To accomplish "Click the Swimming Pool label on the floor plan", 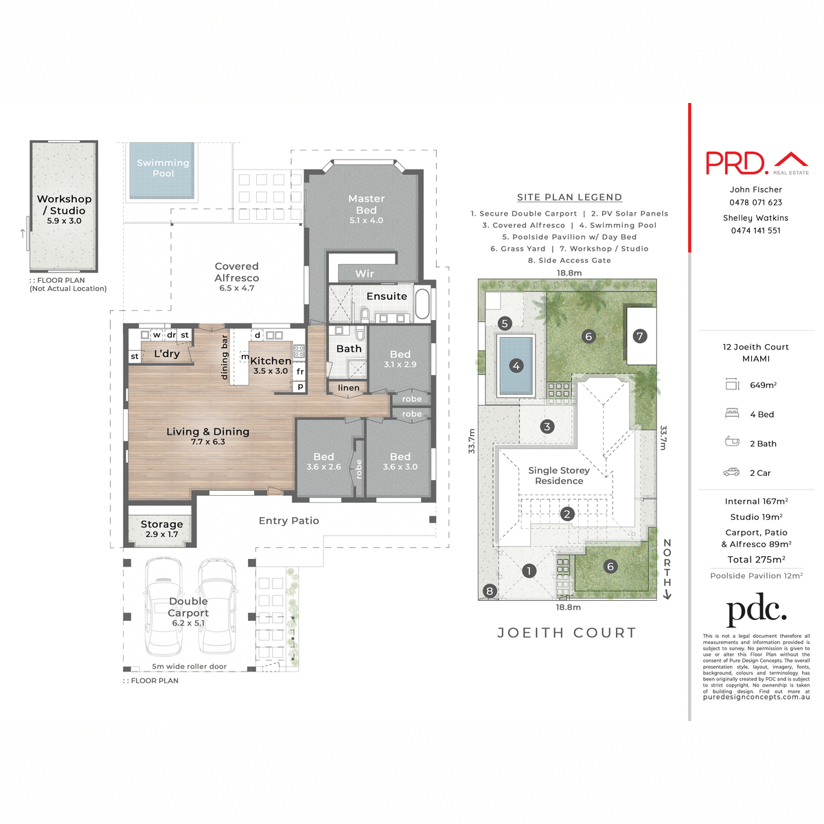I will [163, 168].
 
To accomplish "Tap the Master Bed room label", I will [366, 204].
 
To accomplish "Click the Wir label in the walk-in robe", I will [365, 274].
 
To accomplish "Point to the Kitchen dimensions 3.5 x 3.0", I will [271, 371].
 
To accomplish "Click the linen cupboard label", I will [349, 388].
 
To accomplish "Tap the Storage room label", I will [162, 524].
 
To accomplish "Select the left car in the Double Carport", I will [163, 606].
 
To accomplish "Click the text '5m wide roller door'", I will [189, 667].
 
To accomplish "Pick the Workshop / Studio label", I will [65, 205].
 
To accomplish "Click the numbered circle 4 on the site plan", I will [516, 366].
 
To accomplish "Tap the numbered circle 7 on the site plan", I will [640, 336].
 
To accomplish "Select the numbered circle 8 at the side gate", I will [490, 591].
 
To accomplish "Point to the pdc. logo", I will [756, 609].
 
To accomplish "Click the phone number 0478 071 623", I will [756, 203].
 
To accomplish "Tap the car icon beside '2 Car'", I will [732, 472].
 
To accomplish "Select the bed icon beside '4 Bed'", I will [732, 413].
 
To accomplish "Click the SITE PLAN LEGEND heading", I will [569, 197].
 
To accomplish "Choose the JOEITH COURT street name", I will [567, 633].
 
